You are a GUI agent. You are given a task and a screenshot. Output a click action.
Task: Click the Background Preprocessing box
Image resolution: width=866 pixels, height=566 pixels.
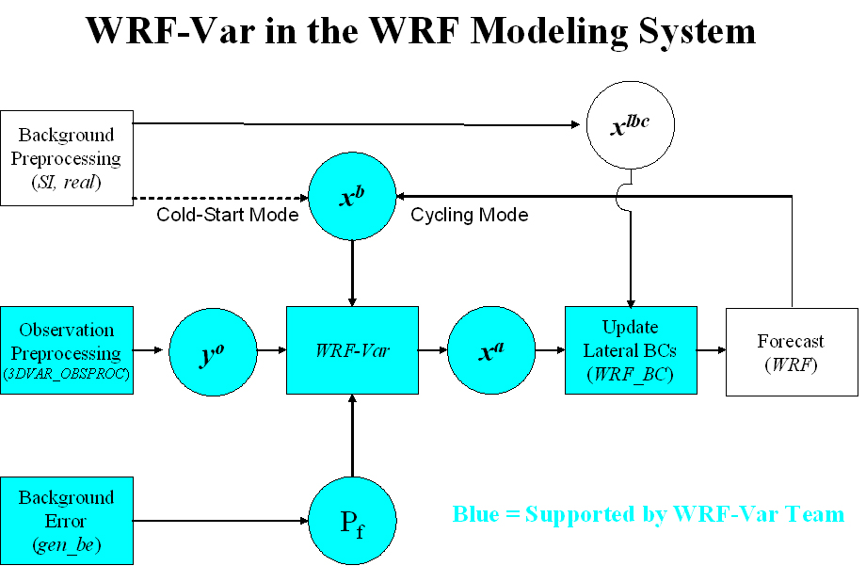[x=67, y=159]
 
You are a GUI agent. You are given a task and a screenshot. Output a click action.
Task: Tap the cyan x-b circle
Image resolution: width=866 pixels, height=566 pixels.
[x=352, y=198]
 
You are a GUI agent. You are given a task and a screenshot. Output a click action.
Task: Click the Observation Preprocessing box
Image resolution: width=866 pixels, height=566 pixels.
[x=67, y=350]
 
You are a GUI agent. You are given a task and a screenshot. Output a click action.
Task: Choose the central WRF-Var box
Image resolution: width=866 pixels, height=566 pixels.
[x=352, y=350]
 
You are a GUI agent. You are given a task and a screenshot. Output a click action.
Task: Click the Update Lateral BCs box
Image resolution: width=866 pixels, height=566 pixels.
[x=630, y=350]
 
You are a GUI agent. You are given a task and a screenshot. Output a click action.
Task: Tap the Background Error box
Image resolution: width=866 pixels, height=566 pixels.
[x=67, y=521]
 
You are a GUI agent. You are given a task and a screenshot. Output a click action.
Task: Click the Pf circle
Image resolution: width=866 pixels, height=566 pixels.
[x=352, y=521]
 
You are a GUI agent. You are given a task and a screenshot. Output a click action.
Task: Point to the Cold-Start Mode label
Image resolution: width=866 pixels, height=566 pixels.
[x=227, y=216]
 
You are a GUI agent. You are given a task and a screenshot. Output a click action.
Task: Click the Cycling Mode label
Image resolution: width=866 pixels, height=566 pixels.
[x=469, y=216]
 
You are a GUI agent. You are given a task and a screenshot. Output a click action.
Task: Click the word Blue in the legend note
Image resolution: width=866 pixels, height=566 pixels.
[x=475, y=515]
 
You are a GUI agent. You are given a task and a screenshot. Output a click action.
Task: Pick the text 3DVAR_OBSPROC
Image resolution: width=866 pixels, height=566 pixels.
[x=67, y=374]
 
